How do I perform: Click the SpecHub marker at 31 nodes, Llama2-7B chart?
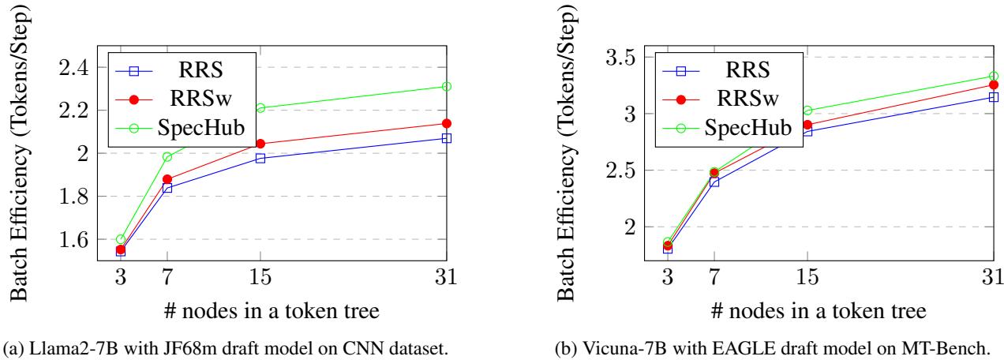click(x=446, y=86)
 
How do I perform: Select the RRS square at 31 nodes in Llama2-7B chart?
click(x=446, y=138)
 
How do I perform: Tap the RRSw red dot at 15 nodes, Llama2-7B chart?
click(x=260, y=144)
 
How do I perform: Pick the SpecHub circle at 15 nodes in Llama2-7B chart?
click(x=260, y=107)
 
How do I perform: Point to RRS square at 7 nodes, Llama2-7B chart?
click(x=167, y=188)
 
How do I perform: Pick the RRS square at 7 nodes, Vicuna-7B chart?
click(x=714, y=182)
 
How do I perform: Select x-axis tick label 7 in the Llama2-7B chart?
click(x=167, y=278)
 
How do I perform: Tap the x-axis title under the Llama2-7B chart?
click(x=260, y=309)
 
